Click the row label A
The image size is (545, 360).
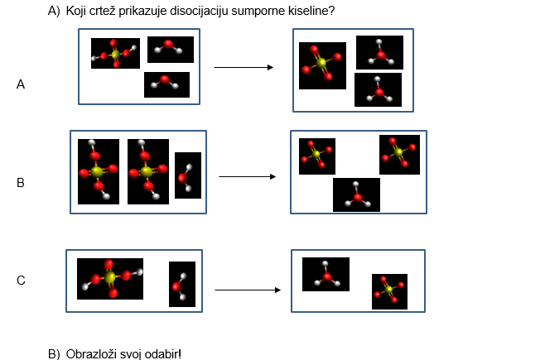[21, 84]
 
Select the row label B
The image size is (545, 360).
[21, 183]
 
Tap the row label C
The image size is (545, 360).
[21, 281]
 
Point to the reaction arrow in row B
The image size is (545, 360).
[246, 176]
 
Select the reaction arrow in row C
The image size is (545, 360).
[247, 290]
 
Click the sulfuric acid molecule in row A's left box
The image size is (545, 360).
[115, 53]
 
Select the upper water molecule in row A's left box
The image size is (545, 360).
[170, 49]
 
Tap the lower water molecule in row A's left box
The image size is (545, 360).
[166, 84]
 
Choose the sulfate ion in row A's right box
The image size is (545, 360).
[322, 65]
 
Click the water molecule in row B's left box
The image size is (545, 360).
[188, 175]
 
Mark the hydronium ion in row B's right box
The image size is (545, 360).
[356, 194]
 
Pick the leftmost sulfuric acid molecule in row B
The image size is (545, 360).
[98, 171]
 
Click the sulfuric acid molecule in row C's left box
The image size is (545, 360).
[110, 278]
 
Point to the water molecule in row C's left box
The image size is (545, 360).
[181, 284]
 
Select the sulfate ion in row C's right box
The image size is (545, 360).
[389, 291]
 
